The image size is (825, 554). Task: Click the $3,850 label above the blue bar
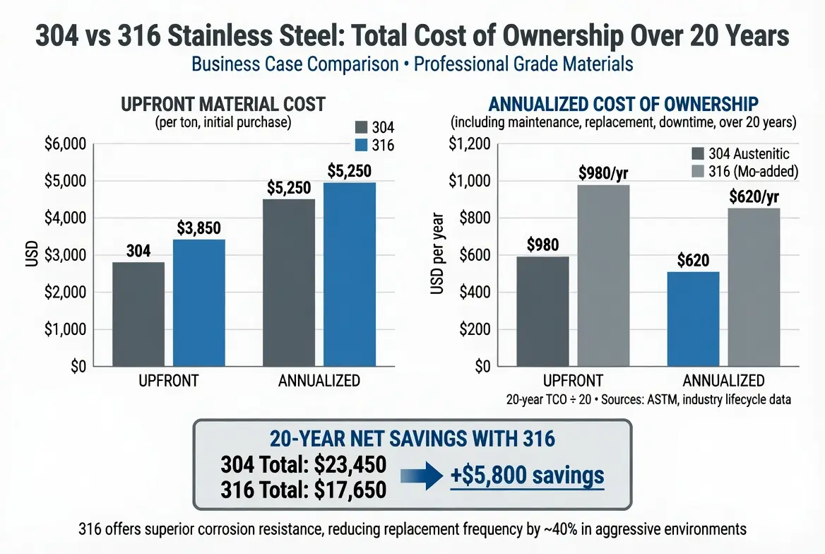[x=200, y=228]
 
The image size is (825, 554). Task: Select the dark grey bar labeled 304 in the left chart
[x=138, y=314]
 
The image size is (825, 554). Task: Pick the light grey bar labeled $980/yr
[x=603, y=276]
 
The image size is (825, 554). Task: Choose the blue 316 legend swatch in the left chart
[x=360, y=145]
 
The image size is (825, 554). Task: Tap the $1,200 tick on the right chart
[x=470, y=144]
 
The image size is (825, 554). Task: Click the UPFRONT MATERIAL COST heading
[x=223, y=105]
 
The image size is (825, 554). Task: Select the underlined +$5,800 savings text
[x=527, y=476]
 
